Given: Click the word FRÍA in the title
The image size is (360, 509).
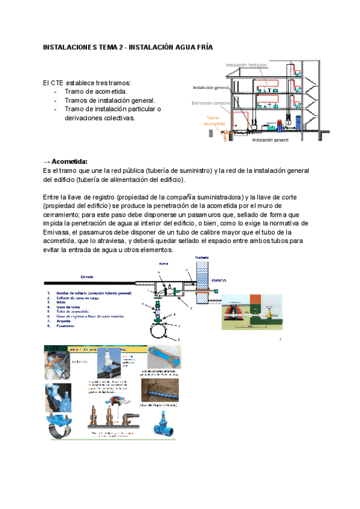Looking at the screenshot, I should point(202,47).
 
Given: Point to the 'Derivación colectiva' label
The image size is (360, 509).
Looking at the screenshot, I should point(211,103).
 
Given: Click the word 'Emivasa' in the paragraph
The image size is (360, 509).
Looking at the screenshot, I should point(58,232).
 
